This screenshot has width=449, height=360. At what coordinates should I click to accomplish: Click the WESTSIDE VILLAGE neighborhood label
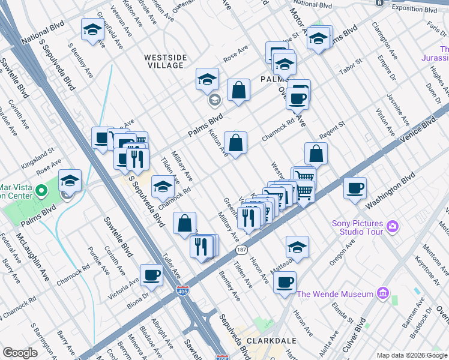165,61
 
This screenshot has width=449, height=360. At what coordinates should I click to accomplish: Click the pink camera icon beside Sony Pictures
393,226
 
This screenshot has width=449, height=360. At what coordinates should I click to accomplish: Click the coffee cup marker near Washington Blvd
355,187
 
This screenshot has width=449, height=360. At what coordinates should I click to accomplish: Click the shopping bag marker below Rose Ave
238,91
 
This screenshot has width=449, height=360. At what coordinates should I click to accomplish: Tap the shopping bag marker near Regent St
316,154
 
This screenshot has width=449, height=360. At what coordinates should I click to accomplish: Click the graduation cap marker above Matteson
297,247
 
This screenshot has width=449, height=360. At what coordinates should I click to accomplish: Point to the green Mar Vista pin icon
41,191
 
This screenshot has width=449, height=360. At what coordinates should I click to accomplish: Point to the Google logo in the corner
20,353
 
